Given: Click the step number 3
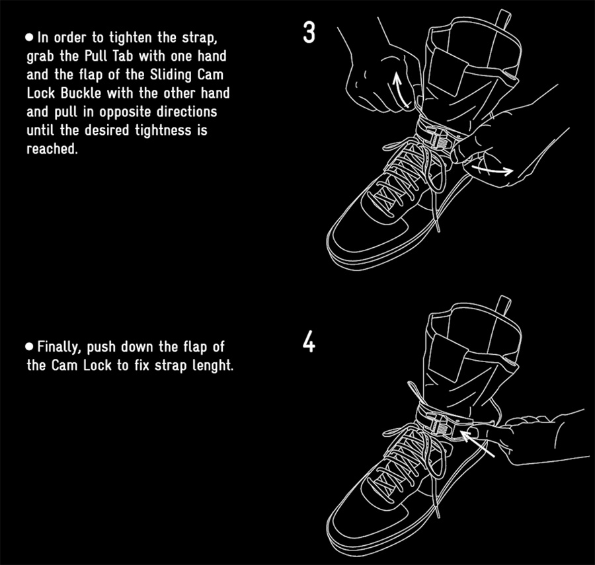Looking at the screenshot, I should (x=309, y=34).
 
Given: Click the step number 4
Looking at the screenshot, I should (x=309, y=344).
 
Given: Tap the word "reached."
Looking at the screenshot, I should (x=52, y=149).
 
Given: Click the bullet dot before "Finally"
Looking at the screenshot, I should (x=30, y=346).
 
